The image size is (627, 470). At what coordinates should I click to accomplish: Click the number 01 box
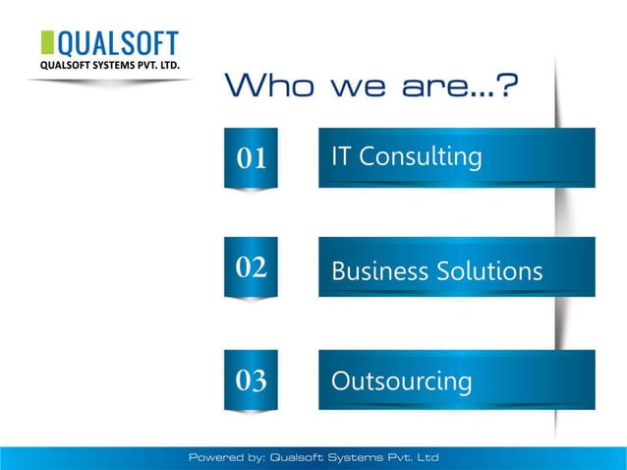pos(252,157)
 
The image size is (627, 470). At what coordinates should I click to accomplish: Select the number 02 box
pos(252,266)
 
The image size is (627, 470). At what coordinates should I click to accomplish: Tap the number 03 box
pos(252,380)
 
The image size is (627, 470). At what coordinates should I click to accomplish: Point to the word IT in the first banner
pos(342,156)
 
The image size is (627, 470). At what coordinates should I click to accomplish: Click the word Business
pos(379,270)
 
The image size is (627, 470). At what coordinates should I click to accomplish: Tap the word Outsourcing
pos(401,381)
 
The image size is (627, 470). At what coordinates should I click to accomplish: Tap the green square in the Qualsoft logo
pos(47,43)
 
